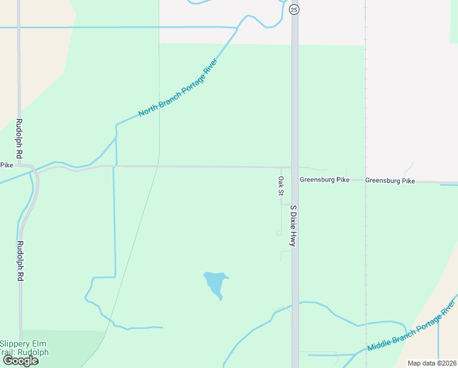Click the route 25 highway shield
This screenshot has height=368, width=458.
295,9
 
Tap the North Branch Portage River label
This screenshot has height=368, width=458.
178,88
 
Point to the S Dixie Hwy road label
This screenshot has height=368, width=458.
293,226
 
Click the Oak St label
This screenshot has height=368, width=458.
280,186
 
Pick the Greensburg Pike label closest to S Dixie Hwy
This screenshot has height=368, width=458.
324,180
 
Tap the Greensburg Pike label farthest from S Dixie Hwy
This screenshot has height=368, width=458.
390,181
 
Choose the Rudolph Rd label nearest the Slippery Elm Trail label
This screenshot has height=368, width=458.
20,261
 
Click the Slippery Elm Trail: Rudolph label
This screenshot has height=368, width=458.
24,348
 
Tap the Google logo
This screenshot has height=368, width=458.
20,361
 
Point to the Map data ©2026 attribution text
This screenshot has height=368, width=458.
432,363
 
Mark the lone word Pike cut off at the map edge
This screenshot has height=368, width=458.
6,165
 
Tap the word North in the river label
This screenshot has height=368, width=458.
148,109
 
